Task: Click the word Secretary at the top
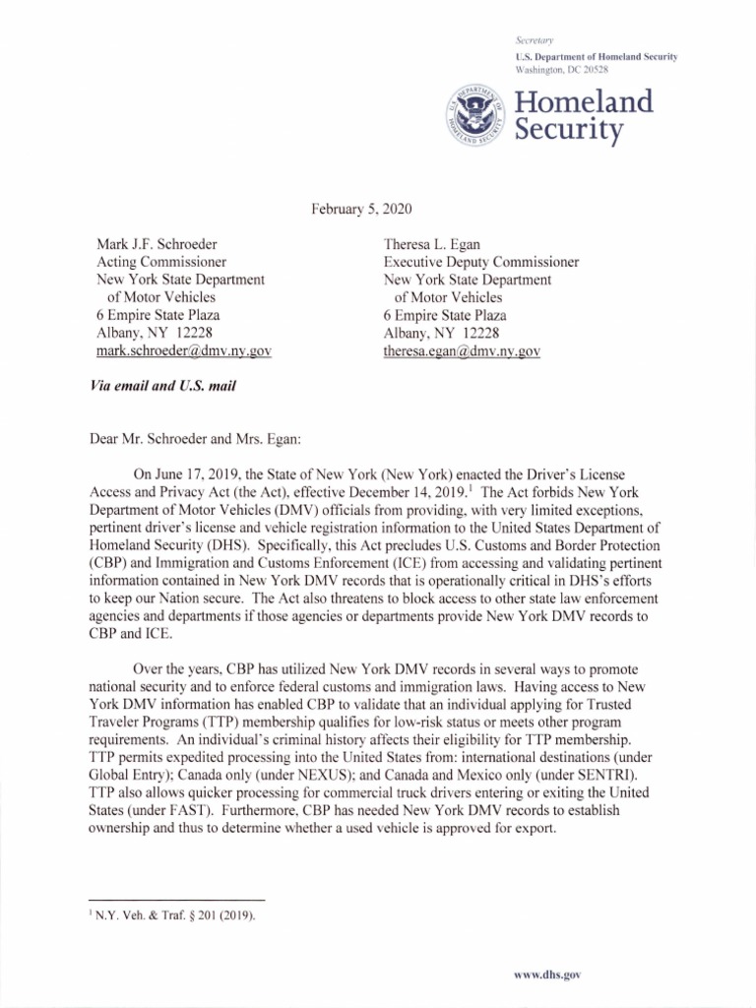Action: click(x=535, y=40)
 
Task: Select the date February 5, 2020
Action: click(x=361, y=209)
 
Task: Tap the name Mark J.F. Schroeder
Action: click(x=157, y=244)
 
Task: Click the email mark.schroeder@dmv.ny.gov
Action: click(x=183, y=350)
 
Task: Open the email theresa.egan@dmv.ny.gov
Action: click(x=462, y=350)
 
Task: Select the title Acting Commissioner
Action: click(x=160, y=262)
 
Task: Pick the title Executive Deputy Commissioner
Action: click(x=480, y=262)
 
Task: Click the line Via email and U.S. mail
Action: click(x=162, y=386)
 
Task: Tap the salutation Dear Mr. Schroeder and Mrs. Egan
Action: click(x=206, y=430)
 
